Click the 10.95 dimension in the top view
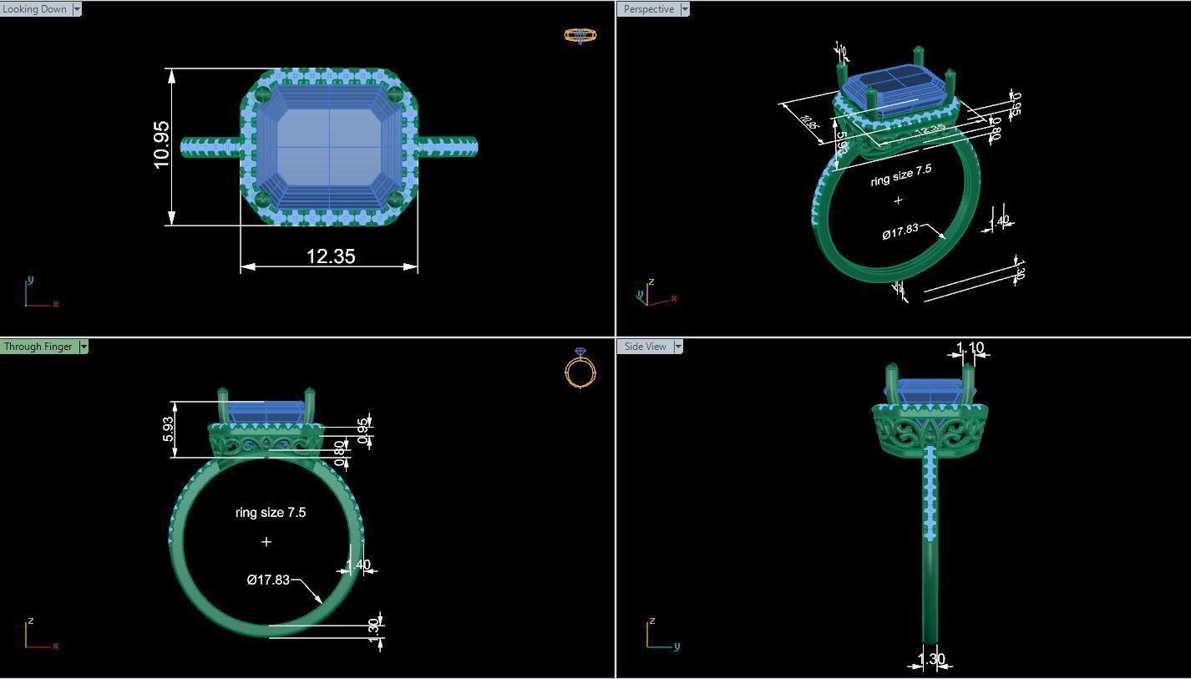click(x=162, y=145)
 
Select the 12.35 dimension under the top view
click(x=331, y=256)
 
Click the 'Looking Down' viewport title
click(x=35, y=9)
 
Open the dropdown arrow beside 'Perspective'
click(x=685, y=9)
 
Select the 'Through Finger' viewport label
click(x=38, y=347)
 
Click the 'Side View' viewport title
click(x=646, y=347)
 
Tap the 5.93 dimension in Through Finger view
click(x=168, y=429)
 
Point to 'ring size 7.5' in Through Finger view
click(x=271, y=513)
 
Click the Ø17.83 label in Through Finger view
click(x=268, y=580)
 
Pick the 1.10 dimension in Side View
click(x=970, y=347)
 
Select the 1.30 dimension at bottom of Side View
click(x=931, y=659)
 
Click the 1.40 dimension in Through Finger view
click(x=360, y=565)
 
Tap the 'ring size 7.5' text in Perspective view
click(x=900, y=175)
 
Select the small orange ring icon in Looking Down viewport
click(x=580, y=35)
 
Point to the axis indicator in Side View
click(x=660, y=635)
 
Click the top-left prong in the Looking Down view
click(x=263, y=93)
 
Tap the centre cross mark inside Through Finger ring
click(x=266, y=542)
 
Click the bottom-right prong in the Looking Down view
click(x=397, y=199)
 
